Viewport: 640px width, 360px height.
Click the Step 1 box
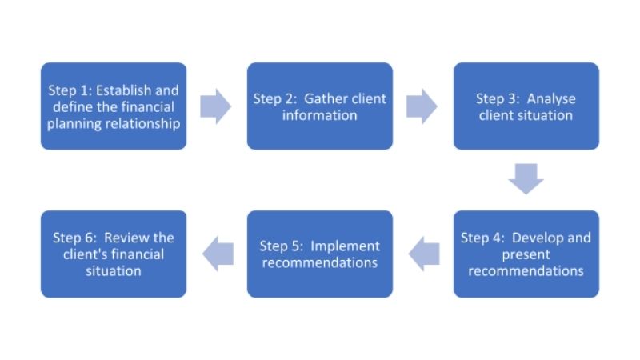click(114, 106)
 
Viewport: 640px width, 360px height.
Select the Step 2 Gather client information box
click(319, 106)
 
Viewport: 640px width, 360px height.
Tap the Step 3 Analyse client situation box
click(526, 106)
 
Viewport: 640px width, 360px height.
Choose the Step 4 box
click(526, 254)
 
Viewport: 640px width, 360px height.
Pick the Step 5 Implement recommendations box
click(319, 254)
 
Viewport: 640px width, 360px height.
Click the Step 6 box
click(114, 254)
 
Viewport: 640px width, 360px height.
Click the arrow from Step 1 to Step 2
click(215, 106)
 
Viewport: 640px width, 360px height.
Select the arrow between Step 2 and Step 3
click(422, 106)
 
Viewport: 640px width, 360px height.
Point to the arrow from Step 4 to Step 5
click(423, 254)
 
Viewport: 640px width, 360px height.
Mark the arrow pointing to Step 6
click(217, 254)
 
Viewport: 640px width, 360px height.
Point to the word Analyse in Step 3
click(551, 98)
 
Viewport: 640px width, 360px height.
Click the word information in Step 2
click(319, 114)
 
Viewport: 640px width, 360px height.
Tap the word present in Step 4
click(526, 254)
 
